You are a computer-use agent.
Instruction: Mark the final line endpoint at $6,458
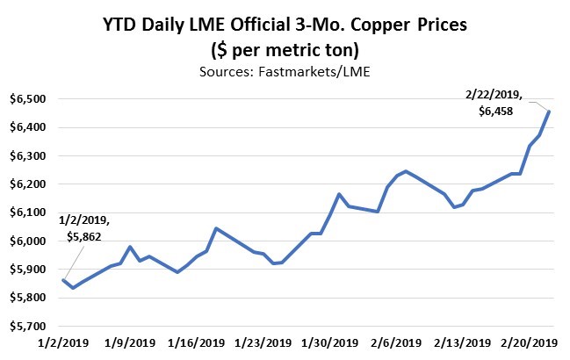[550, 111]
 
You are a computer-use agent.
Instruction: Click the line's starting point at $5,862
[63, 280]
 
